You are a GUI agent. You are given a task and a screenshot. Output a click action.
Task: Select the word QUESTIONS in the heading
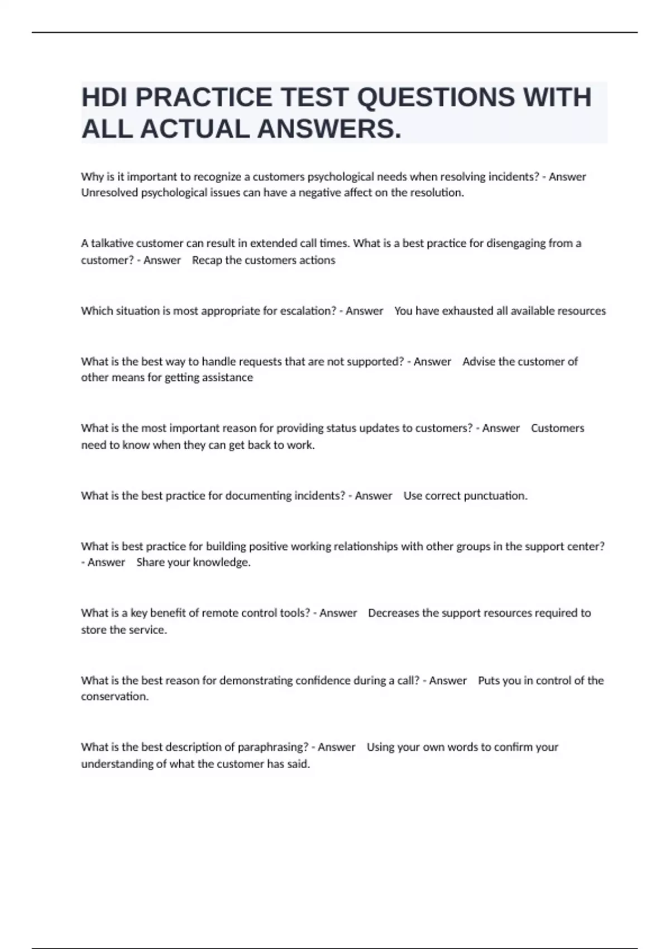click(435, 98)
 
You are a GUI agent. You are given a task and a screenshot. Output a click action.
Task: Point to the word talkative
click(112, 243)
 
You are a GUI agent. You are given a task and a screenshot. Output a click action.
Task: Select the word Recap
click(207, 260)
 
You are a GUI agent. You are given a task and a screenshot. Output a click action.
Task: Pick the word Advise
click(478, 362)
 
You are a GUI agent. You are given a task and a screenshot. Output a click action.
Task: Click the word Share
click(150, 563)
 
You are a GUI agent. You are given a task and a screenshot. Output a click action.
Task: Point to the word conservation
click(114, 697)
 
